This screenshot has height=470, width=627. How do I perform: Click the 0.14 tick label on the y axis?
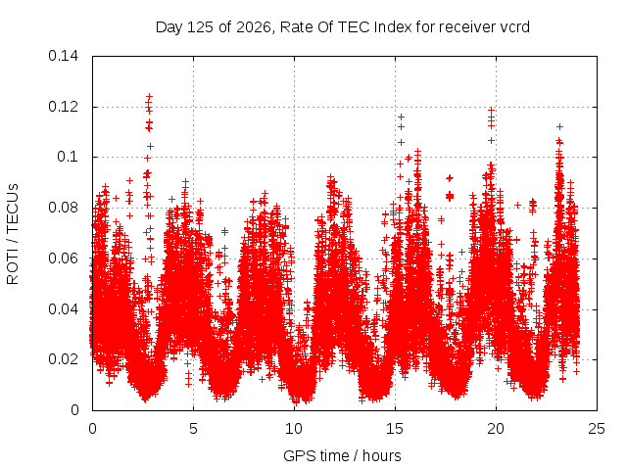[63, 57]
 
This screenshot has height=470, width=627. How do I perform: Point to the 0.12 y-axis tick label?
[63, 107]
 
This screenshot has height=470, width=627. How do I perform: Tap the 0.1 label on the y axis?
[68, 157]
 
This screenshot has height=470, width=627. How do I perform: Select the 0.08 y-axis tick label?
[63, 208]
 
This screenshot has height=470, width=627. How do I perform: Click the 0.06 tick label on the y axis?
[63, 258]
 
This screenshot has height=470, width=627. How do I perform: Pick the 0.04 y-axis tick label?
[63, 309]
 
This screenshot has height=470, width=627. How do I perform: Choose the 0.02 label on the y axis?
[63, 359]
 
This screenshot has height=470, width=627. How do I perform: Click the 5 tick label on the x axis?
[194, 429]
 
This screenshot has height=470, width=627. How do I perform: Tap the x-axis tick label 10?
[294, 429]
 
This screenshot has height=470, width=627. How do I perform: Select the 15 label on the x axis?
[395, 429]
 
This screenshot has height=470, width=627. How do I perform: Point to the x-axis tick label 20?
[496, 429]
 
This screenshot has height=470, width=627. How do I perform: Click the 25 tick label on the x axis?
[597, 429]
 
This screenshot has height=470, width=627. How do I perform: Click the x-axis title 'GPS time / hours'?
[342, 456]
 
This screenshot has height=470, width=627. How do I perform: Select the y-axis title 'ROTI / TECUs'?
[13, 234]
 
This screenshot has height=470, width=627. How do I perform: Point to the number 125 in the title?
[201, 27]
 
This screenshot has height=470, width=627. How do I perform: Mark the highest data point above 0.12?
[150, 96]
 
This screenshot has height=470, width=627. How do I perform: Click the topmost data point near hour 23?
[559, 126]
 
